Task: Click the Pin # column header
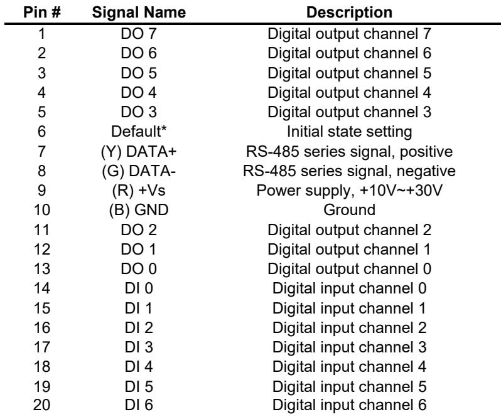click(42, 13)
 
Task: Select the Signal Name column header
click(139, 13)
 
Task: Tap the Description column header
click(349, 13)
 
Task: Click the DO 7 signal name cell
click(139, 33)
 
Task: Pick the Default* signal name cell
click(139, 131)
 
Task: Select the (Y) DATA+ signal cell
click(139, 151)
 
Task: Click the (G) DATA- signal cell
click(139, 171)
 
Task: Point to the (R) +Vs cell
click(139, 190)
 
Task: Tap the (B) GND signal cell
click(139, 210)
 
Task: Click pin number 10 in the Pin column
click(42, 210)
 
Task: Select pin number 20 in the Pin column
click(42, 405)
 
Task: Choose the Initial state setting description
click(349, 132)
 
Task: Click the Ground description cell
click(349, 210)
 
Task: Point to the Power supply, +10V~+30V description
click(349, 191)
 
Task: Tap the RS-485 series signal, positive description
click(349, 152)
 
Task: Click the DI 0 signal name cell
click(139, 288)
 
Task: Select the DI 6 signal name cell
click(139, 405)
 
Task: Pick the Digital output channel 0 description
click(349, 268)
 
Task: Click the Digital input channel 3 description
click(349, 347)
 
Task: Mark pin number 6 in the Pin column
click(42, 131)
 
